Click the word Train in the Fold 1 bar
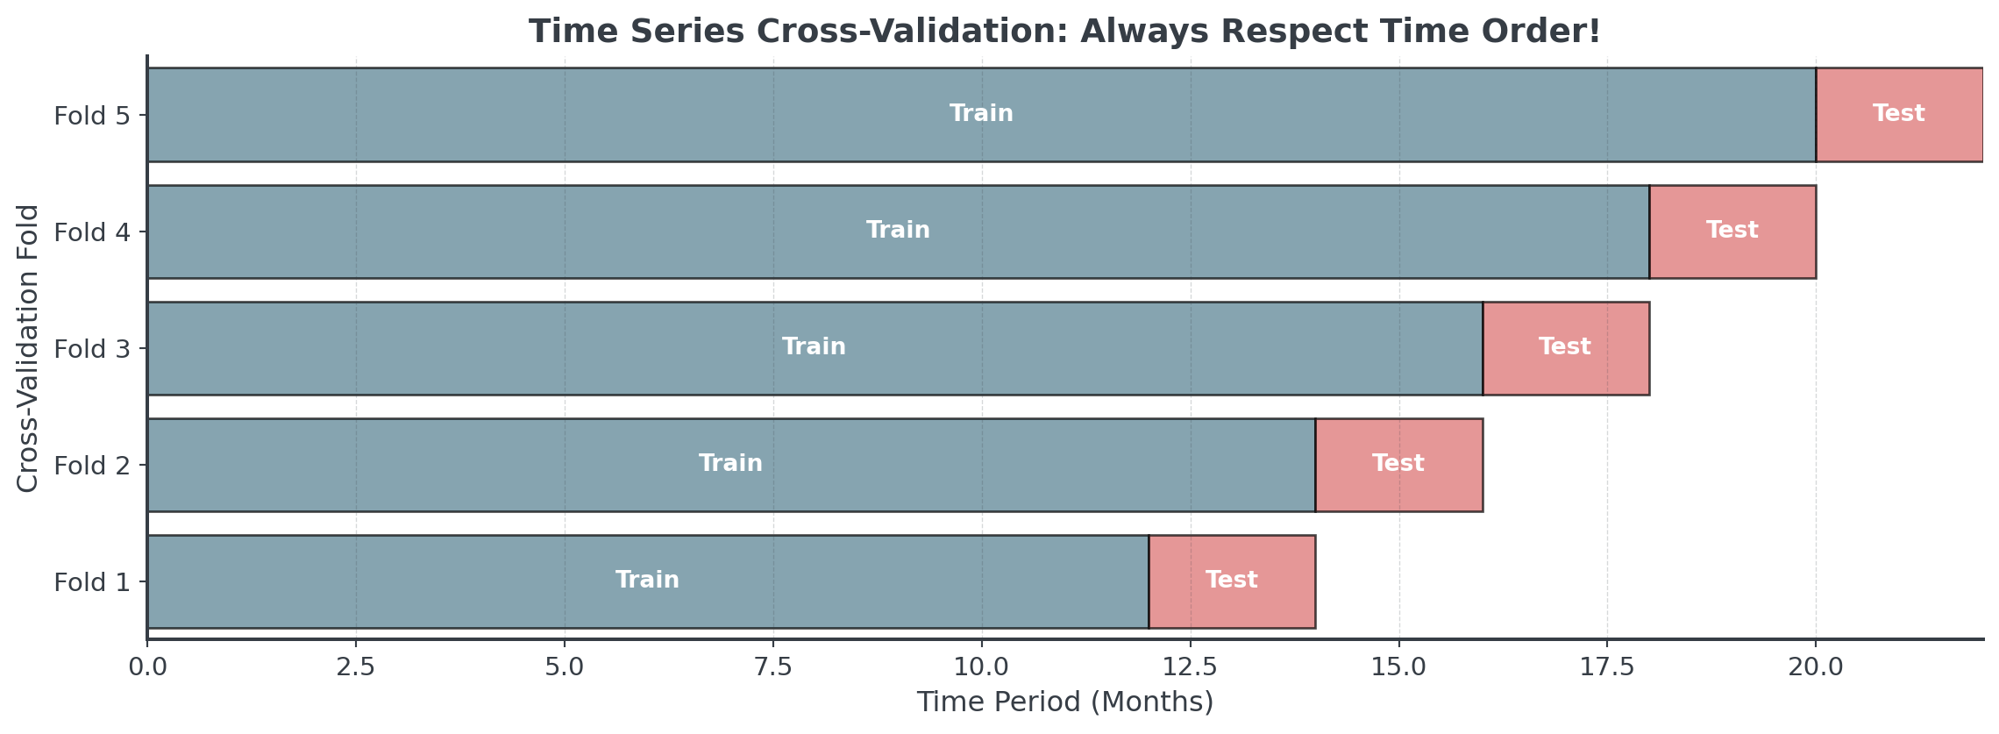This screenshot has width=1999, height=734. click(647, 580)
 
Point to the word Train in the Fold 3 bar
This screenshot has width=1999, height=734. click(814, 346)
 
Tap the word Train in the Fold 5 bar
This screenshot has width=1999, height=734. click(981, 113)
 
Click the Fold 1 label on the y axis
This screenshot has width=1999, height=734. click(91, 582)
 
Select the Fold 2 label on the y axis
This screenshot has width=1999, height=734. click(91, 466)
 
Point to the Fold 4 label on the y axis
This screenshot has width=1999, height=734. click(91, 232)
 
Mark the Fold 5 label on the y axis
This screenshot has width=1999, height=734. click(91, 116)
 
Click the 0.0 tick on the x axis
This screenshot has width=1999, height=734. click(147, 667)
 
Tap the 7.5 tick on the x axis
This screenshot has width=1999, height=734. click(773, 667)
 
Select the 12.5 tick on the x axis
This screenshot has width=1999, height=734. click(1190, 667)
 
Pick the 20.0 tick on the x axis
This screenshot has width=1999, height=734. click(1816, 667)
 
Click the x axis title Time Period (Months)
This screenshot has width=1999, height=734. click(1064, 702)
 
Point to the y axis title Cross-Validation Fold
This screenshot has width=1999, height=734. click(28, 348)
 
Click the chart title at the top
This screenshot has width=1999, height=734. click(1064, 32)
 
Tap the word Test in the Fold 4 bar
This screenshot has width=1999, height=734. click(1732, 230)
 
